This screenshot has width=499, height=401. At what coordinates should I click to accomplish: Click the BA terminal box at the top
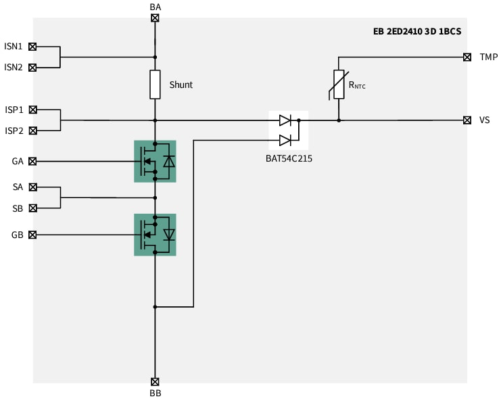(155, 18)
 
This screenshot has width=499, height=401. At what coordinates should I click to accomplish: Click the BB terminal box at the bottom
(155, 381)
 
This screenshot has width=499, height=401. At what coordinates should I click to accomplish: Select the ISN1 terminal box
(32, 47)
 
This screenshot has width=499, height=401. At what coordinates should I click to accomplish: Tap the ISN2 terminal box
(32, 67)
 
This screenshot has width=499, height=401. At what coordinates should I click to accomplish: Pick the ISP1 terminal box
(32, 109)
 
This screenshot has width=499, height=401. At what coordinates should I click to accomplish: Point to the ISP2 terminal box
(32, 130)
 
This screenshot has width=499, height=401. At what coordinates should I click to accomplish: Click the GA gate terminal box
(32, 161)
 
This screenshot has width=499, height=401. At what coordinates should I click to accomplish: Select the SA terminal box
(32, 187)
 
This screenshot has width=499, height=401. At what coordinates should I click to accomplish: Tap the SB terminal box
(32, 208)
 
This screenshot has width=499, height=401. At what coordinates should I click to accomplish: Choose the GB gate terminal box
(32, 235)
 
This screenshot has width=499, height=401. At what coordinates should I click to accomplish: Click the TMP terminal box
(467, 57)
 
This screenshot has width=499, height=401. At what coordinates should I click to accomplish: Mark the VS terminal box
(467, 120)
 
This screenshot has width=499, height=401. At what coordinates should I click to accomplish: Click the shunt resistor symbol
(155, 84)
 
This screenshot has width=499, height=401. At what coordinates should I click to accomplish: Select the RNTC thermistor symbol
(339, 85)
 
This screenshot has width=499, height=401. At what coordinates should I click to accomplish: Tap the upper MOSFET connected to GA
(155, 161)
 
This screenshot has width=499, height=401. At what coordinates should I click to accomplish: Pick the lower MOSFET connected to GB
(155, 235)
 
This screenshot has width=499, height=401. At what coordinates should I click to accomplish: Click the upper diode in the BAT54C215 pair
(285, 120)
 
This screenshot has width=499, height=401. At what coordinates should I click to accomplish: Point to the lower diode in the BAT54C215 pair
(285, 140)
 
